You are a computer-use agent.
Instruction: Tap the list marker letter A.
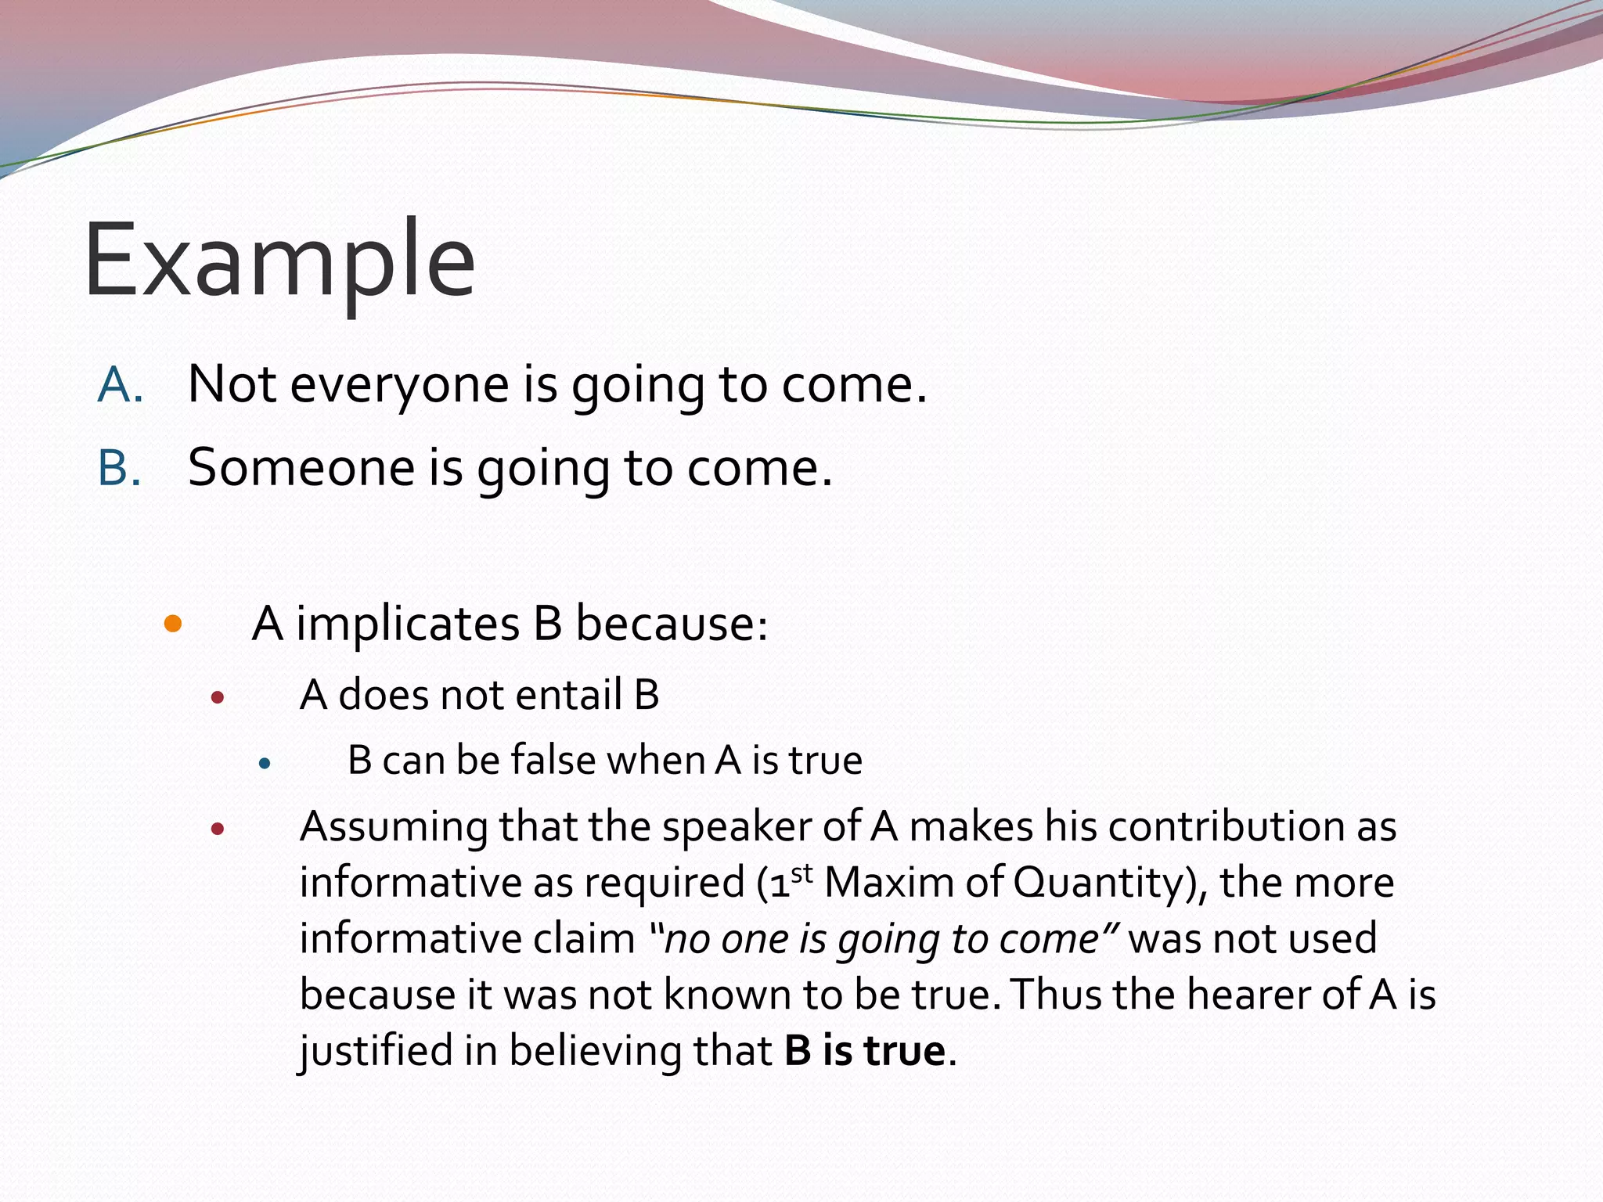(119, 385)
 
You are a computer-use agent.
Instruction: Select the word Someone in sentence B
(301, 468)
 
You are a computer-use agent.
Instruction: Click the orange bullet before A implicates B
(173, 624)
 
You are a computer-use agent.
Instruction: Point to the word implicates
(408, 624)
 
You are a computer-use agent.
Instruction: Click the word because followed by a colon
(671, 624)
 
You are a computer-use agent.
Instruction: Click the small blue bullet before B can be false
(265, 762)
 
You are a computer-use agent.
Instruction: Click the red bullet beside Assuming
(218, 829)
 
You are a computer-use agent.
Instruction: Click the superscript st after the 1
(801, 872)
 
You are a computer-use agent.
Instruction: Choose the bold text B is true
(865, 1051)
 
